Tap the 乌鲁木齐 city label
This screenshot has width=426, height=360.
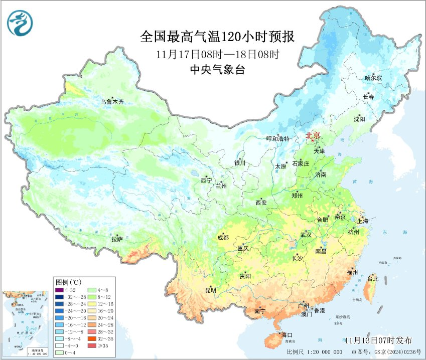coord(112,102)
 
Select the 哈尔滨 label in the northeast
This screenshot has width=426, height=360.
coord(373,78)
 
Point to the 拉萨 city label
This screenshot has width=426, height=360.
coord(117,240)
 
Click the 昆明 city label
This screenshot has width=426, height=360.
coord(210,290)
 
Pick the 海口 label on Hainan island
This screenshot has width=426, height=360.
coord(287,334)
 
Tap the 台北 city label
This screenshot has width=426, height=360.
coord(372,278)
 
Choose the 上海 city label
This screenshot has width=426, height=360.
coord(362,221)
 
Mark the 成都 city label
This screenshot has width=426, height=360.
coord(223,238)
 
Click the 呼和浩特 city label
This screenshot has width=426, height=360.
coord(277,139)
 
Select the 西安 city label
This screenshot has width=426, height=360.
coord(261,203)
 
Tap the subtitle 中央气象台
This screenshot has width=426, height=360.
coord(217,70)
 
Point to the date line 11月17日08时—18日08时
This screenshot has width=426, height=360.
coord(217,54)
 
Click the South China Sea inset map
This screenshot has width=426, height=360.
coord(25,322)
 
